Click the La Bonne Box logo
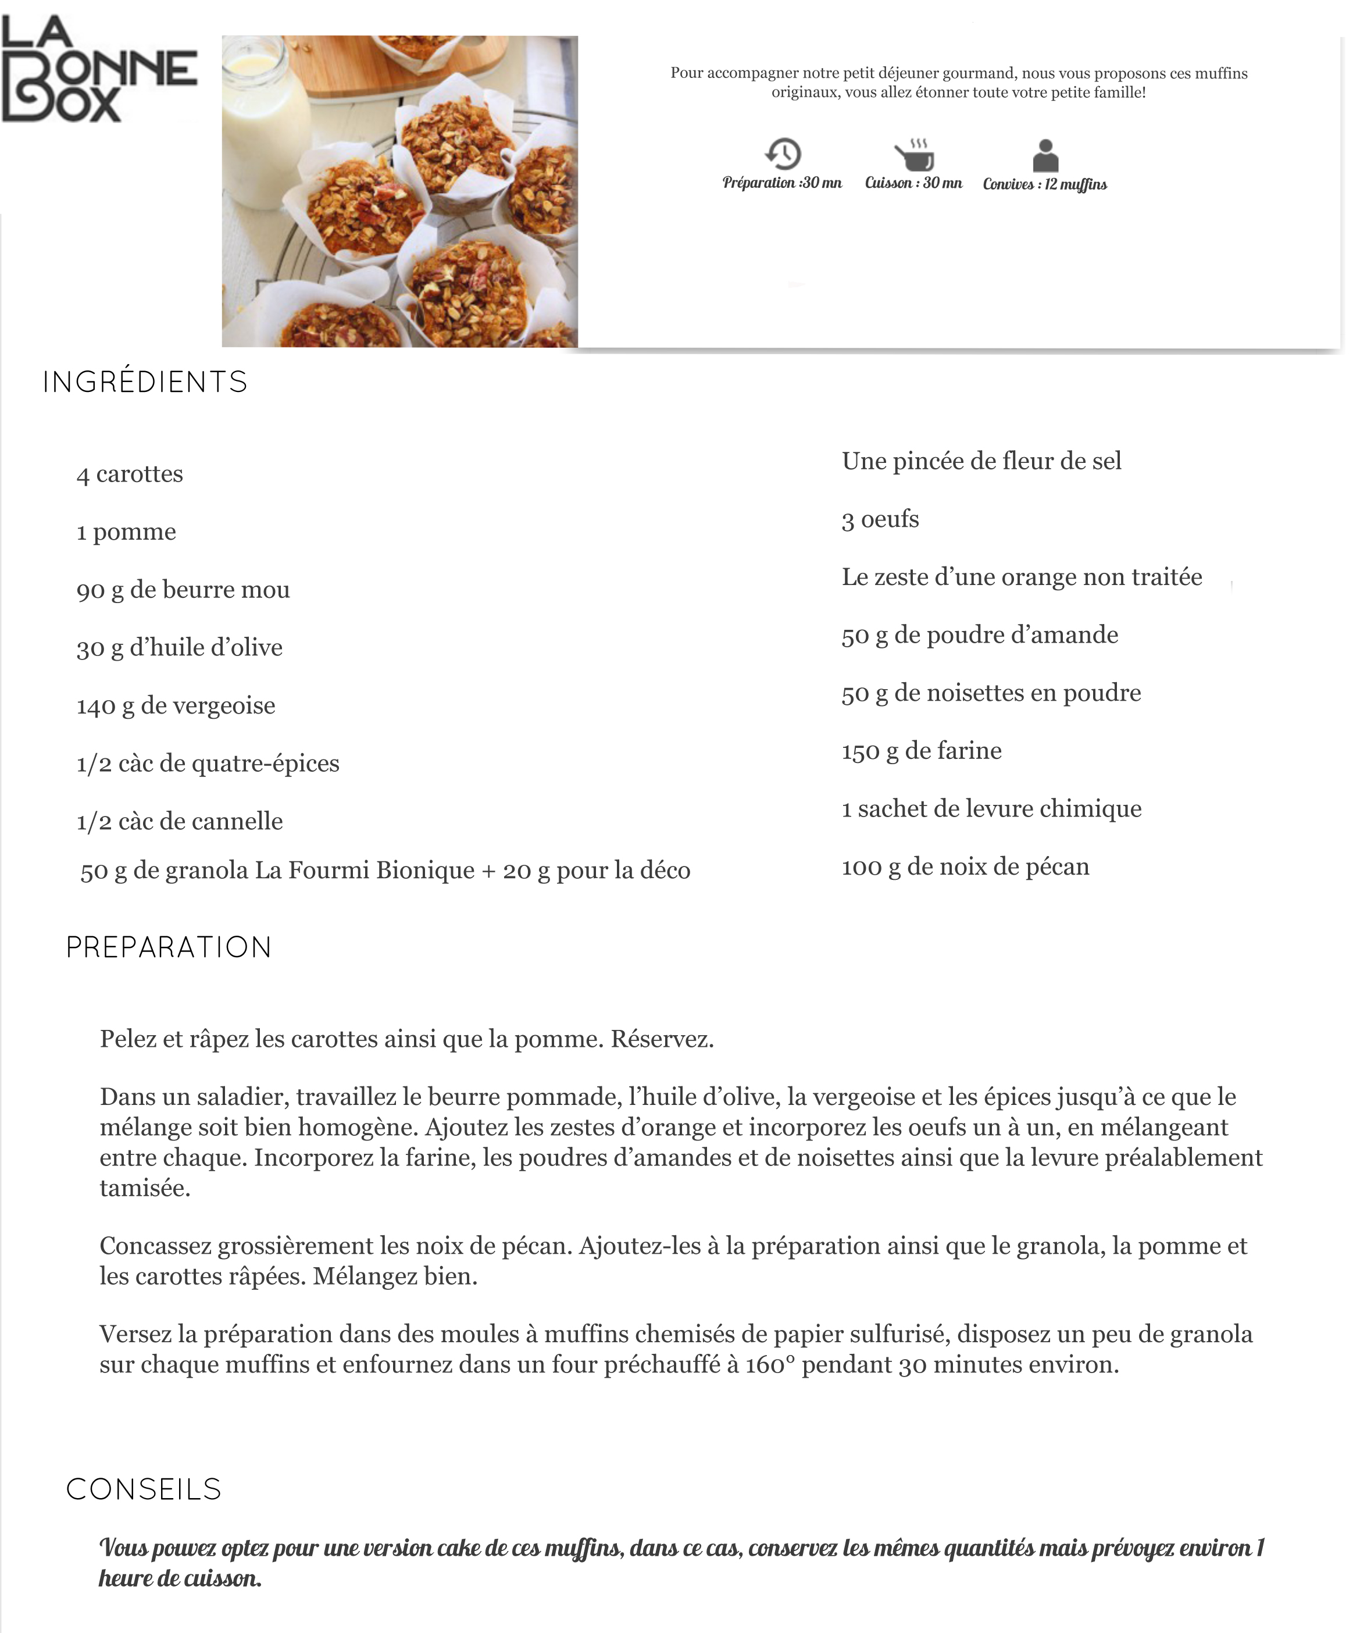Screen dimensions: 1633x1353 click(99, 70)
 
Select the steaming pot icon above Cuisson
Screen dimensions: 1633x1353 click(915, 155)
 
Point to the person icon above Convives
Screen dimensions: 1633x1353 click(1045, 155)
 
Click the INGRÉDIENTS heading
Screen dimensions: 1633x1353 click(145, 382)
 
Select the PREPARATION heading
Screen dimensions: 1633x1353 click(169, 947)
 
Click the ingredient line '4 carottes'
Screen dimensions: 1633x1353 click(130, 473)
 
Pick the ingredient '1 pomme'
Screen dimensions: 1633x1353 click(126, 532)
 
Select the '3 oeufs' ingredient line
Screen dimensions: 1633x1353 click(880, 519)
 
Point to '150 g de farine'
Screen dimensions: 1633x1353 click(922, 750)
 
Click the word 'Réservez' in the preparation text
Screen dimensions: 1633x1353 click(661, 1039)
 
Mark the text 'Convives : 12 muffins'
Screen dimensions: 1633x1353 click(1044, 184)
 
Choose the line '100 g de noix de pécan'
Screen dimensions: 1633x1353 click(965, 867)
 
